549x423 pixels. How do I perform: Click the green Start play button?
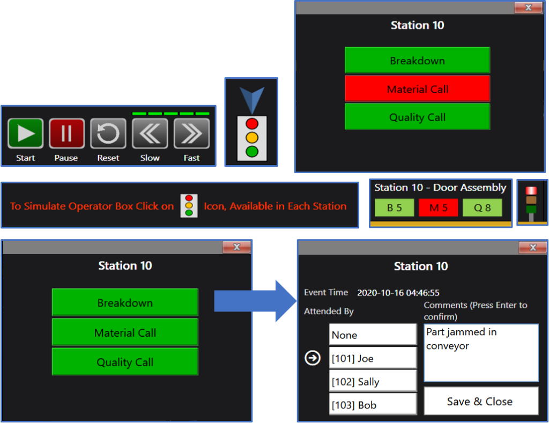(x=25, y=133)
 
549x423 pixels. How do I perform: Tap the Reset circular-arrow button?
(x=108, y=133)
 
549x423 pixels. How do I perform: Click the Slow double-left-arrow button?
(x=150, y=133)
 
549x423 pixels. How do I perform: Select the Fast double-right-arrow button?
(x=191, y=133)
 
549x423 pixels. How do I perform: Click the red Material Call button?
(x=417, y=89)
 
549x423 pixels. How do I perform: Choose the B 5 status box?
(x=394, y=208)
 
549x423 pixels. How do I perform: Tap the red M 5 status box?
(x=438, y=208)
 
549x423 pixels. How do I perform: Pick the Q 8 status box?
(x=482, y=208)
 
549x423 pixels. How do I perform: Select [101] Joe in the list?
(x=373, y=358)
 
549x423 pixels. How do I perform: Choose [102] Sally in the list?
(x=373, y=381)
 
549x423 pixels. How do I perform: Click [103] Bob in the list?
(x=373, y=405)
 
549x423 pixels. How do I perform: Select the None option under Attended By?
(x=373, y=335)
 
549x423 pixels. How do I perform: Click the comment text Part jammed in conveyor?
(x=461, y=339)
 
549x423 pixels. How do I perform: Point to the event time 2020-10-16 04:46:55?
(x=398, y=293)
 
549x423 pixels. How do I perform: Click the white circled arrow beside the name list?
(x=313, y=358)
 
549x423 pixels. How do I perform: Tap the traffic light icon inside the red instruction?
(x=189, y=206)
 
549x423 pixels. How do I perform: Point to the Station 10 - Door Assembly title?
(x=440, y=188)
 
